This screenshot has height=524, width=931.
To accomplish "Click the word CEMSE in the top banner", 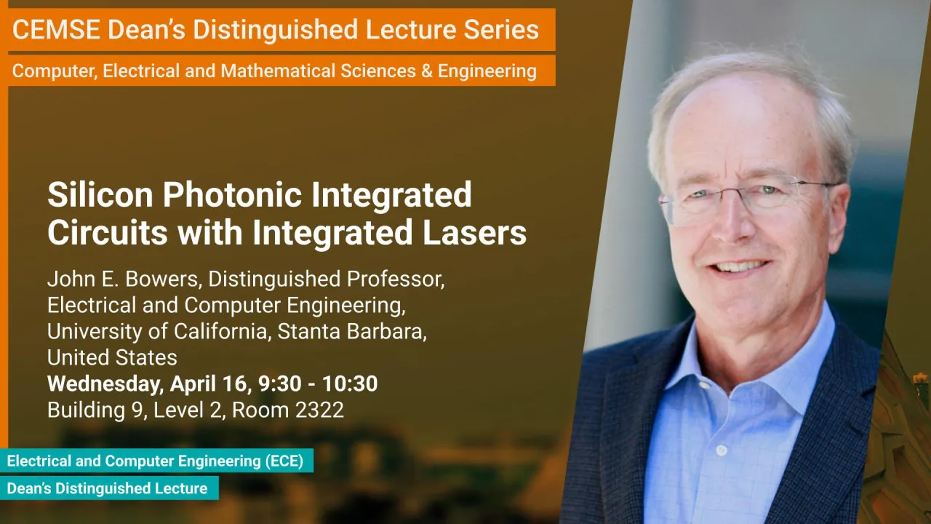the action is (56, 30).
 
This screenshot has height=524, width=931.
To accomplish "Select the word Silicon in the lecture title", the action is (100, 194).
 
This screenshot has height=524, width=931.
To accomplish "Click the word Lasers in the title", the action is (474, 232).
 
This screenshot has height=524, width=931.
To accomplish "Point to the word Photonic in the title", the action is (232, 194).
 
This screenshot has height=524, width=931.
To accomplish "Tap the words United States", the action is (112, 357).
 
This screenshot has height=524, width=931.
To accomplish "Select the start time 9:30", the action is (279, 384).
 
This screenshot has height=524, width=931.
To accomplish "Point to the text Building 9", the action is (95, 410).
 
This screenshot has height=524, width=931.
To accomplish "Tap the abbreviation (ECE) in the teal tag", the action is (284, 461).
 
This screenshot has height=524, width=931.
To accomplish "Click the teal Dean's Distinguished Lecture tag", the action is (109, 488).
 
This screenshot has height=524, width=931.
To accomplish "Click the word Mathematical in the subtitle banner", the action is (278, 71).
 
